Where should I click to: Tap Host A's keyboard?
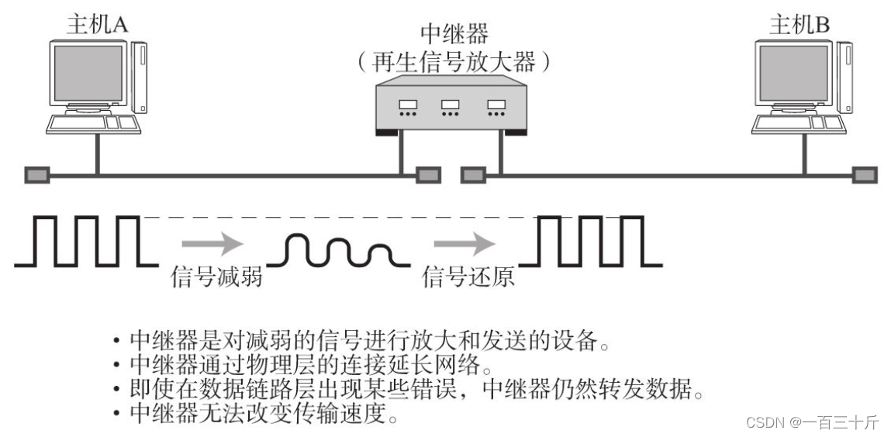point(94,124)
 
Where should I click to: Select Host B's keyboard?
point(799,124)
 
